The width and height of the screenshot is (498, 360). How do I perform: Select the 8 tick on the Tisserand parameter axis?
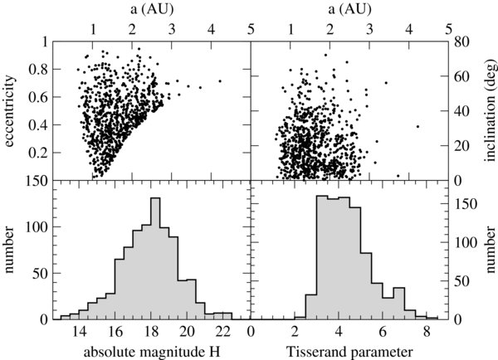tap(426, 330)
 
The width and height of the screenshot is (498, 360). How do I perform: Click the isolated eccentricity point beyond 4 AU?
tap(220, 81)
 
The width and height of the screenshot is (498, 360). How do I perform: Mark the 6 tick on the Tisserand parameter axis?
tap(382, 330)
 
